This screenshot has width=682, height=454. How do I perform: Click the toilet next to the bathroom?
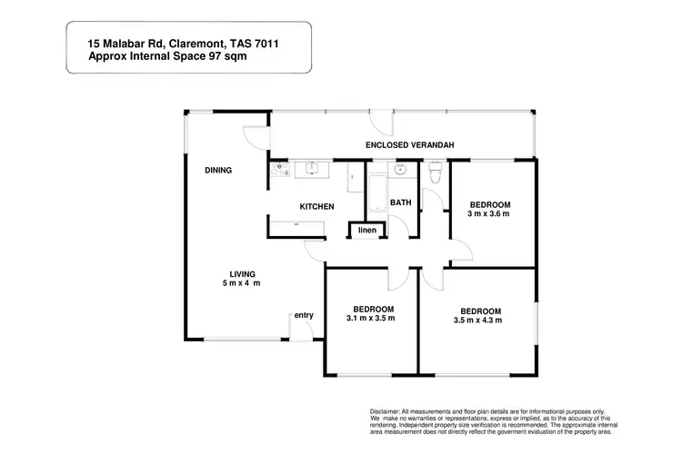click(x=435, y=171)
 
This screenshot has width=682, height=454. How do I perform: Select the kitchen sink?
click(x=312, y=167)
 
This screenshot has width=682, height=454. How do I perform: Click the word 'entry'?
click(x=303, y=316)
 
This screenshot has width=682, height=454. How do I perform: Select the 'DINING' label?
click(x=218, y=170)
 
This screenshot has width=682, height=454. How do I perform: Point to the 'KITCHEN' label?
click(x=317, y=207)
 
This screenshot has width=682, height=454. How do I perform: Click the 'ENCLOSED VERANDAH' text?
click(x=409, y=145)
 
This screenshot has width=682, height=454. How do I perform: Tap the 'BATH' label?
click(x=401, y=203)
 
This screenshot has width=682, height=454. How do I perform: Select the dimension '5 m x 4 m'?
click(x=241, y=284)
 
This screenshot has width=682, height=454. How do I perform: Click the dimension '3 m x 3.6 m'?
click(x=488, y=214)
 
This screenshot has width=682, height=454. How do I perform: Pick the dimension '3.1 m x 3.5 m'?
click(x=370, y=320)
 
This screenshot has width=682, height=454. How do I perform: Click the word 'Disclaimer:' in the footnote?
click(x=389, y=410)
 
